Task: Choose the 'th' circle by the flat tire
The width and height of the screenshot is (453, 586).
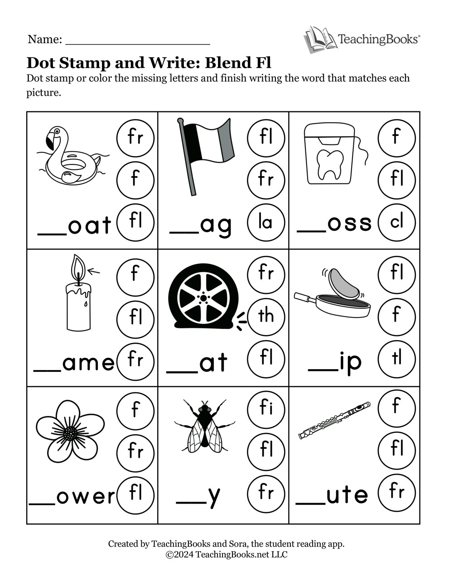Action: coord(266,316)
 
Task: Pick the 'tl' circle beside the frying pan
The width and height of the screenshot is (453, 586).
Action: coord(396,359)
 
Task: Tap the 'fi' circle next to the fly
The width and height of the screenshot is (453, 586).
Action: coord(266,409)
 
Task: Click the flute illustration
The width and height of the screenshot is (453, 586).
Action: coord(334,420)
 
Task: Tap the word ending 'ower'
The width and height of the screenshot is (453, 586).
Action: coord(86,497)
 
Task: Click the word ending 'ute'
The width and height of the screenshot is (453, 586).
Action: coord(347,495)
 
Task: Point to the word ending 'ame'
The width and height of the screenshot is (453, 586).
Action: coord(88,363)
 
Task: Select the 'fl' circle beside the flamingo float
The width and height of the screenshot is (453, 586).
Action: coord(135,221)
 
